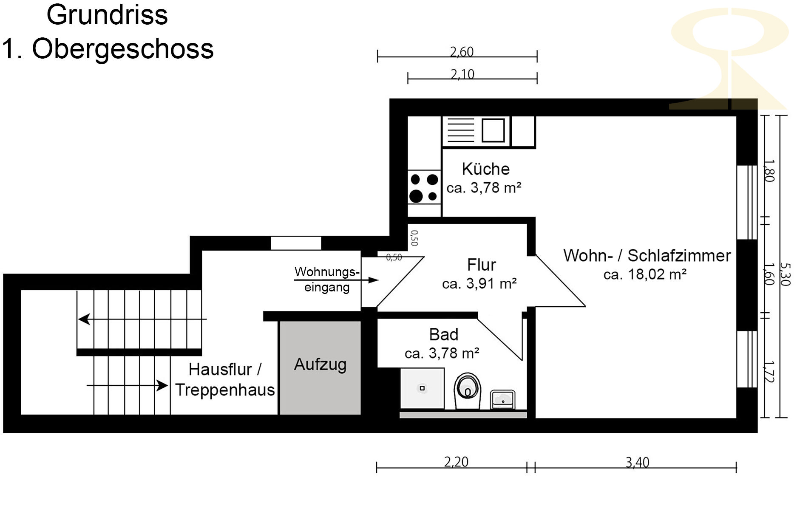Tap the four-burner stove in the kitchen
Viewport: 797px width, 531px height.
424,187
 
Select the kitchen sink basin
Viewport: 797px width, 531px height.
493,130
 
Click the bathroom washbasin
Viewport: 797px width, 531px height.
503,399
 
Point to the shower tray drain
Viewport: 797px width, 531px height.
422,388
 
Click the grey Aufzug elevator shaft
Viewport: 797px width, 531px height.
320,367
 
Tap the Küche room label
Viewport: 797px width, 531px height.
486,169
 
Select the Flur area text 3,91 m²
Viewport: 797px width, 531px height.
491,283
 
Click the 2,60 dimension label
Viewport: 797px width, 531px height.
462,51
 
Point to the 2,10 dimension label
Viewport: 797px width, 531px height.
462,74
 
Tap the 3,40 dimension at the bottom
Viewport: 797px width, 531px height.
638,462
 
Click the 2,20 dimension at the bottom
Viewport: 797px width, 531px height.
456,461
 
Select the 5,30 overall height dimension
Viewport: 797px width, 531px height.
786,274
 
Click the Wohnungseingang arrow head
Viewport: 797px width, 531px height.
374,280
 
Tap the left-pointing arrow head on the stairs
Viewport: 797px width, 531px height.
84,319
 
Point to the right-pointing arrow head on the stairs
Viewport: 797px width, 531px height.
162,385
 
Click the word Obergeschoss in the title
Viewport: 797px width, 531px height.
123,49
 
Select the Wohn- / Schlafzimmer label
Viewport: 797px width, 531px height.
647,255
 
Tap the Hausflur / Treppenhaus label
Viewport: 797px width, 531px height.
225,379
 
